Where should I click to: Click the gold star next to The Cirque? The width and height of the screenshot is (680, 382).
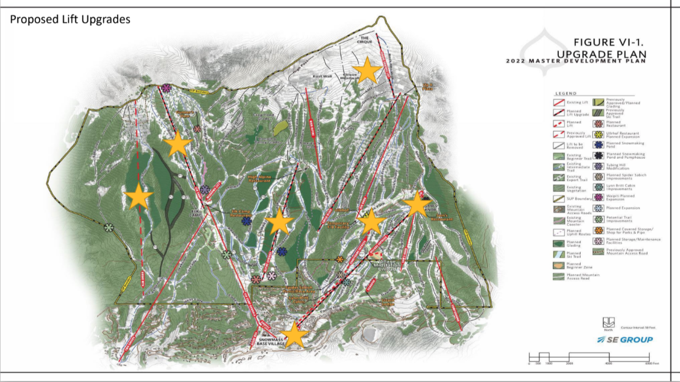tap(367, 70)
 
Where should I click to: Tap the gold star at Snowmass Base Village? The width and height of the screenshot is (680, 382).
tap(294, 334)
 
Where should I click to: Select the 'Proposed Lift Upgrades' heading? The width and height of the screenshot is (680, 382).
tap(70, 19)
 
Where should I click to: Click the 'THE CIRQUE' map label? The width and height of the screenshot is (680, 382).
tap(365, 40)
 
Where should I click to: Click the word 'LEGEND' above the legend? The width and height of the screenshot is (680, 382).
tap(565, 94)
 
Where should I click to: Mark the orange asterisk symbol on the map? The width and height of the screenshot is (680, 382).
tap(339, 259)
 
